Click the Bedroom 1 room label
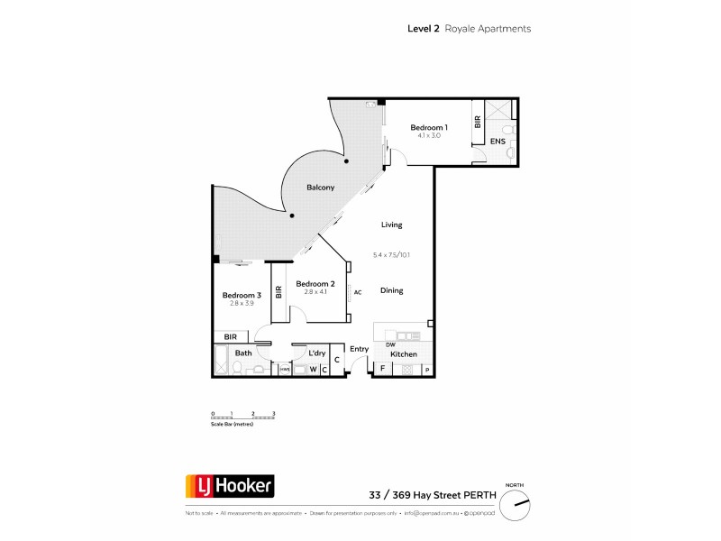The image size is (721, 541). [x=428, y=127]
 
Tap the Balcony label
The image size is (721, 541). [x=320, y=188]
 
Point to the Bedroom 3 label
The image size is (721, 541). [x=242, y=295]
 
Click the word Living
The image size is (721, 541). [x=391, y=225]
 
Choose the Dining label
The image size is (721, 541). [x=391, y=290]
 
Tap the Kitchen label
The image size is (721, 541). [x=404, y=354]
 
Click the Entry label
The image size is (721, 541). [x=360, y=349]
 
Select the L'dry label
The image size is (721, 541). [x=316, y=353]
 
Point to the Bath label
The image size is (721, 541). [x=243, y=353]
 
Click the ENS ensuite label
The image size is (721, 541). [x=497, y=142]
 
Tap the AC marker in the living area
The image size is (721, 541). [x=358, y=292]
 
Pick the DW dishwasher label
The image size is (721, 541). [x=390, y=344]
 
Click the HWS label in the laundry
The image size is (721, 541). [x=284, y=370]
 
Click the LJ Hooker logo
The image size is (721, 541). [x=229, y=487]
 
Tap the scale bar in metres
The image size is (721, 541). [x=242, y=417]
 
